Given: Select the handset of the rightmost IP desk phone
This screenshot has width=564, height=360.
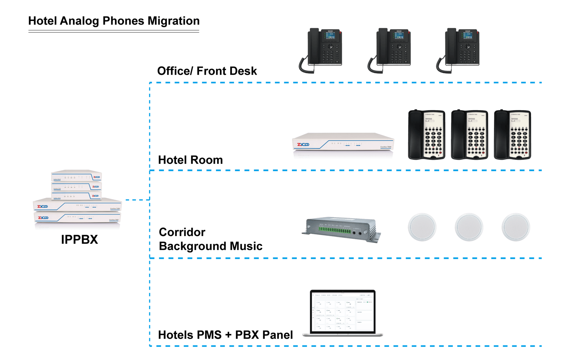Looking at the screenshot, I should point(451,46).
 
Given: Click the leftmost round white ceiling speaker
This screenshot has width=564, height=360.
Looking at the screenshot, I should point(422,227).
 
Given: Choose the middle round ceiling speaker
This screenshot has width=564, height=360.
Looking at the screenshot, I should point(469,227).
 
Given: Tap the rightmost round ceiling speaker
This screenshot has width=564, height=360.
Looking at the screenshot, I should point(516,227).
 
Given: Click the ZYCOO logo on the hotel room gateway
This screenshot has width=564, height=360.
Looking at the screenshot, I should point(303,145).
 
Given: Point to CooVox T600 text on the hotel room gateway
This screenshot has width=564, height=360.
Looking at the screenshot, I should point(386,147).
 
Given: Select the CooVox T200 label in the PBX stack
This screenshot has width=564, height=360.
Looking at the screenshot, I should point(115,209).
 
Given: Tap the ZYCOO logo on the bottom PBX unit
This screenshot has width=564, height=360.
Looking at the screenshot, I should point(43,218).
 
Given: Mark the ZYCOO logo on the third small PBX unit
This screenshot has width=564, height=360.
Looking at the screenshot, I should point(96,196).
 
